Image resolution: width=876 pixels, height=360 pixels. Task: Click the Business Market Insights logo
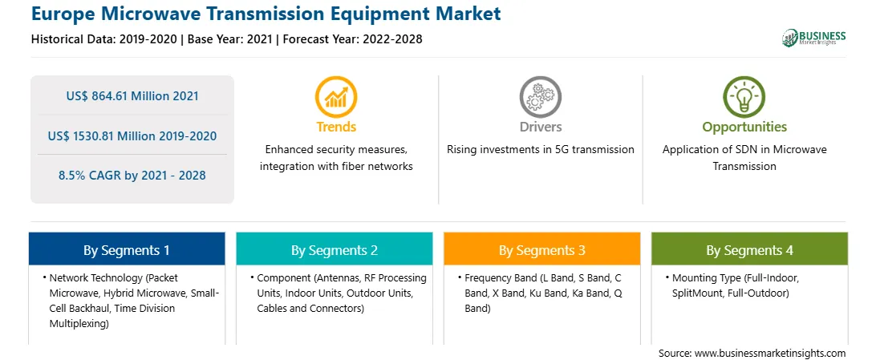[813, 38]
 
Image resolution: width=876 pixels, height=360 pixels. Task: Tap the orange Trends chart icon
[336, 97]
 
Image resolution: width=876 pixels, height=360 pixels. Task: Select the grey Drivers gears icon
[540, 97]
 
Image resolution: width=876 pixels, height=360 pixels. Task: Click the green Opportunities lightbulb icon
[744, 97]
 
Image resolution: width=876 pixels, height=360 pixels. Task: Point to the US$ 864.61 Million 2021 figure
[132, 96]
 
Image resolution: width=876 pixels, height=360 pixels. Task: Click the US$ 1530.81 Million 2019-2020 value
[132, 136]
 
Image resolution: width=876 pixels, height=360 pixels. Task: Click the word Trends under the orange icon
[336, 127]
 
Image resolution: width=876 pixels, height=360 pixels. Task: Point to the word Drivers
[540, 127]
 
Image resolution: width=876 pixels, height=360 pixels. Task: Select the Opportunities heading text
[744, 127]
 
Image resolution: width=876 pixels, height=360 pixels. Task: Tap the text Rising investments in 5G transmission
[540, 150]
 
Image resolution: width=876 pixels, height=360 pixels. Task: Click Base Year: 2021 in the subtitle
[229, 39]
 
